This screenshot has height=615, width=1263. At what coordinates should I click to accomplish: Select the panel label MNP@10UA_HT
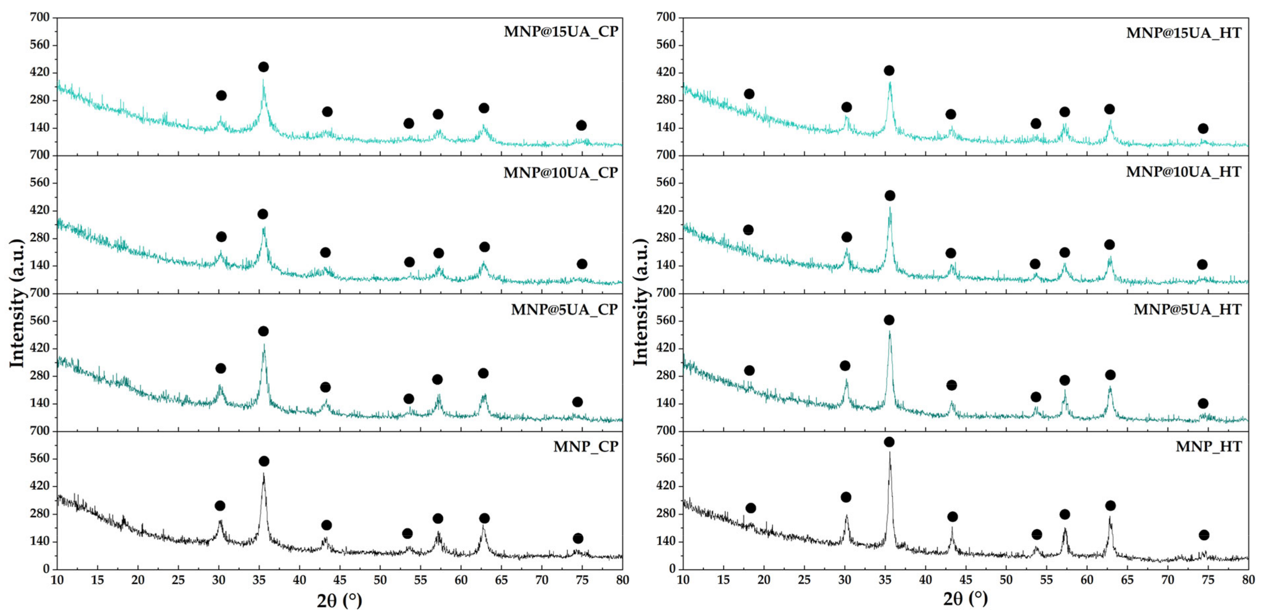(1183, 172)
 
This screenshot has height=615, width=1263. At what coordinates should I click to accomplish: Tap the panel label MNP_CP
(585, 447)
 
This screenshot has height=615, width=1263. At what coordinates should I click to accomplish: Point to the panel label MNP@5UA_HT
(1187, 310)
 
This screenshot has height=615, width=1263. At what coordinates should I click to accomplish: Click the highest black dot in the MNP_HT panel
(889, 442)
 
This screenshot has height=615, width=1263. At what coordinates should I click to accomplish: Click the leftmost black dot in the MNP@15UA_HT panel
(749, 94)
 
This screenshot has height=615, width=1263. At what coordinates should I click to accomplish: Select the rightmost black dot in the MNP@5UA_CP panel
(577, 402)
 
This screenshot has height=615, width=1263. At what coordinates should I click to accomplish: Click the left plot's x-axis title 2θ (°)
(339, 600)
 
